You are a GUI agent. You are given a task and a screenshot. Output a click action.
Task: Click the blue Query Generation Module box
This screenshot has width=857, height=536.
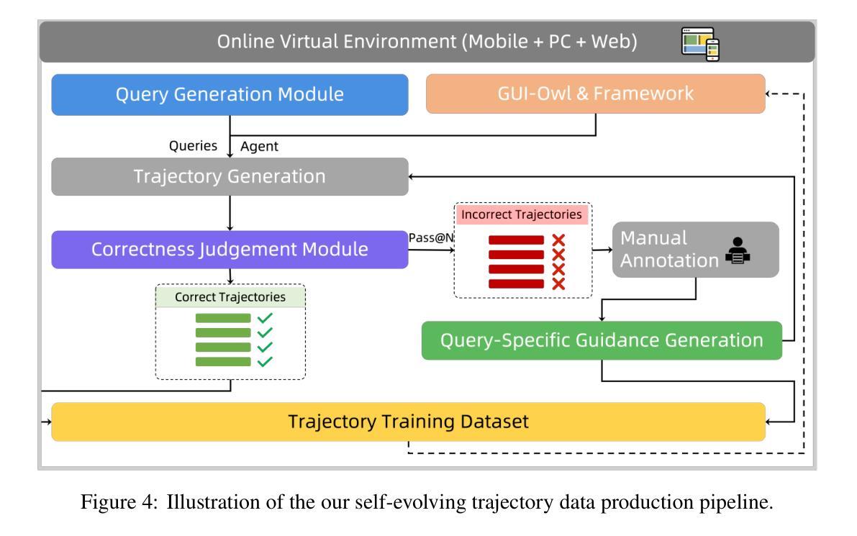tap(230, 94)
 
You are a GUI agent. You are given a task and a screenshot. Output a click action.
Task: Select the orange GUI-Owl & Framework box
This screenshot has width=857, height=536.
tap(595, 94)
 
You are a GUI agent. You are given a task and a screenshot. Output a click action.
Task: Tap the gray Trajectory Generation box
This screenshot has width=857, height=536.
tap(230, 176)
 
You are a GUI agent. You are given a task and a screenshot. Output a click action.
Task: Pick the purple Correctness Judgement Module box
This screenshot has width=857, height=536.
tap(230, 249)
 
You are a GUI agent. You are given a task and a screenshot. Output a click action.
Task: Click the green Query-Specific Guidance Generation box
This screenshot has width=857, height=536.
tap(602, 340)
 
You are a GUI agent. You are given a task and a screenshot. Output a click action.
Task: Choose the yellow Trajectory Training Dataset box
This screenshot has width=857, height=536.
tap(408, 422)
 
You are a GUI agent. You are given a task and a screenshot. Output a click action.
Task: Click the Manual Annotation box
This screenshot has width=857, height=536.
tap(695, 250)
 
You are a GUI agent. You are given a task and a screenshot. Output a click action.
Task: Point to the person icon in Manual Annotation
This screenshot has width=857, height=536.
tap(738, 251)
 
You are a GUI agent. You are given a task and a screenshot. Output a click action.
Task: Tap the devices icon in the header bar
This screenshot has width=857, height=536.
tap(700, 44)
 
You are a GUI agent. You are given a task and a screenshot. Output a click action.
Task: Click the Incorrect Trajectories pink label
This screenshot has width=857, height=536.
tap(522, 214)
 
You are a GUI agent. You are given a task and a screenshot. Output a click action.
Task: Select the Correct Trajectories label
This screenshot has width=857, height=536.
tap(230, 296)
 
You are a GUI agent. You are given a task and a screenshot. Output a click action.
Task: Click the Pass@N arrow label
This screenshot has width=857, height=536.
tap(431, 237)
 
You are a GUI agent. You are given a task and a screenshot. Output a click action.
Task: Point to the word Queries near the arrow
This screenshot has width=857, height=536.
tap(193, 146)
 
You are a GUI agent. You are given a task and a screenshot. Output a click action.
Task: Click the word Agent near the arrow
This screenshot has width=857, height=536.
tap(259, 147)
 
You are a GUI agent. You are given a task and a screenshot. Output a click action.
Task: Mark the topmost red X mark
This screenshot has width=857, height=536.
tap(558, 240)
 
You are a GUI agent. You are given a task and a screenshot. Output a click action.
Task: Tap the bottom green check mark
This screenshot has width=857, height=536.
tap(265, 362)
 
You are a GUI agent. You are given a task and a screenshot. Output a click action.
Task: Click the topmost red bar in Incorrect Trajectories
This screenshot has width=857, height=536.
tap(516, 240)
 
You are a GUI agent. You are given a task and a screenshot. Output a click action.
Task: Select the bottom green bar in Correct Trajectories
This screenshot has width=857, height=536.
tap(223, 362)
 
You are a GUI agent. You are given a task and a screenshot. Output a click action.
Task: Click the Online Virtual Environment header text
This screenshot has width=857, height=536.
tap(427, 42)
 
